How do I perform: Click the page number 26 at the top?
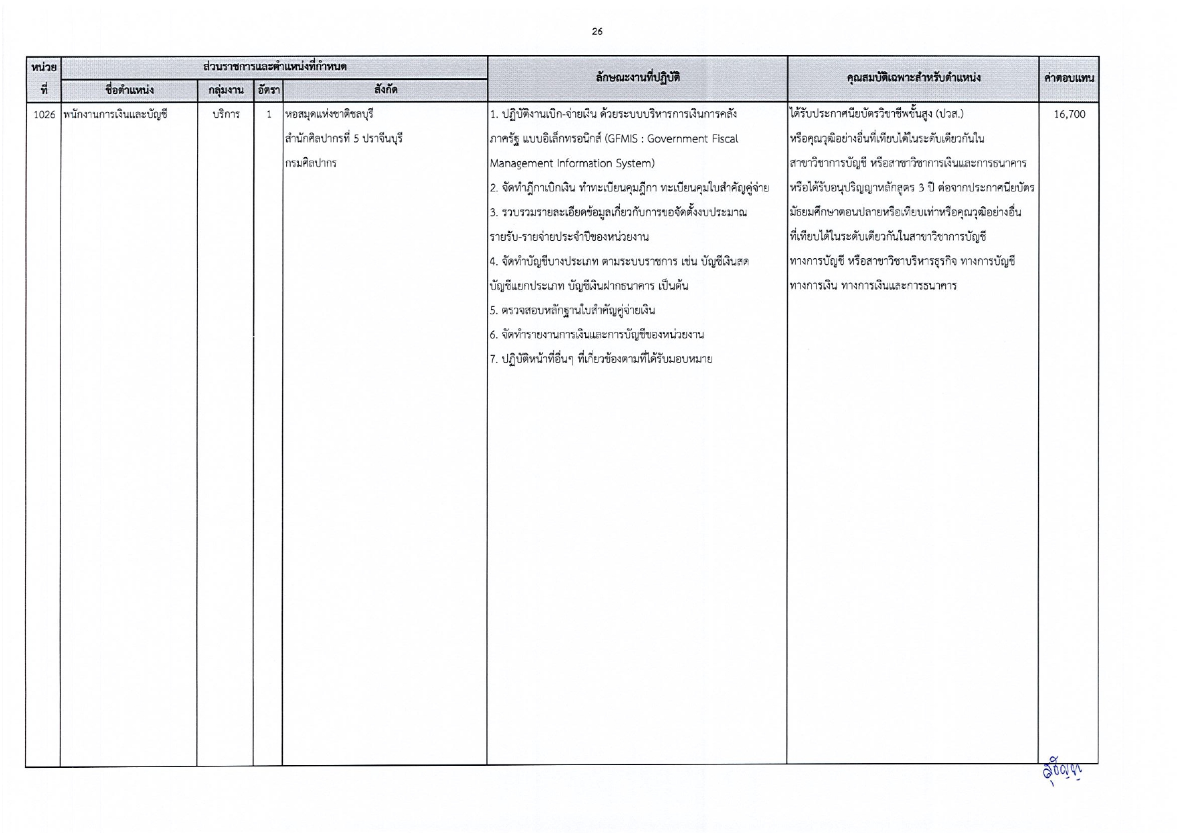coord(597,32)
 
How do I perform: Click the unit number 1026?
coord(44,114)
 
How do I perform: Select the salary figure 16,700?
coord(1069,114)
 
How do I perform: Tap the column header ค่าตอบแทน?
coord(1069,78)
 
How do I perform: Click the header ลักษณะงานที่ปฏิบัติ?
coord(637,78)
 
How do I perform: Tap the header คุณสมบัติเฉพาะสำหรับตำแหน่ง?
coord(913,78)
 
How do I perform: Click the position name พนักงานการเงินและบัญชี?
coord(116,114)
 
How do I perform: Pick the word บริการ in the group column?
coord(226,114)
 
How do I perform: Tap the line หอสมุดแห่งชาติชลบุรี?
coord(329,114)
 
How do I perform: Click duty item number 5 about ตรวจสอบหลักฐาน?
coord(572,310)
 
